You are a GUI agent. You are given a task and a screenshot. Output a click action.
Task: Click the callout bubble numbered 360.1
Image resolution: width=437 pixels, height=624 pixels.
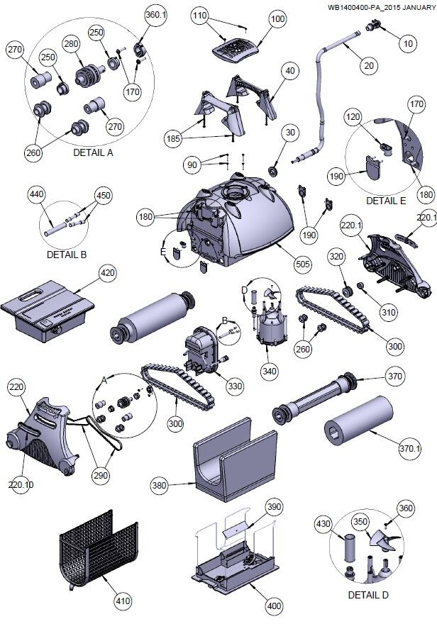pyautogui.click(x=155, y=14)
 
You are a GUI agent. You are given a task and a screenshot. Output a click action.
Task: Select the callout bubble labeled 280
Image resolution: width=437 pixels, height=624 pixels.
pyautogui.click(x=70, y=45)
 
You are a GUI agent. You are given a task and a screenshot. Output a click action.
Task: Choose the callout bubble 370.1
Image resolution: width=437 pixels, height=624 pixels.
pyautogui.click(x=410, y=447)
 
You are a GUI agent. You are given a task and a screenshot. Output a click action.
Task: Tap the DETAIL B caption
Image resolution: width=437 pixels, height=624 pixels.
pyautogui.click(x=66, y=254)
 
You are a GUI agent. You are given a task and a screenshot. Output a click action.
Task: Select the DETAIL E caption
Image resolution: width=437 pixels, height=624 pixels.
pyautogui.click(x=386, y=201)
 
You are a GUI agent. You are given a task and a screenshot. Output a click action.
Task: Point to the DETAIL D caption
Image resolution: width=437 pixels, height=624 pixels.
pyautogui.click(x=368, y=595)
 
